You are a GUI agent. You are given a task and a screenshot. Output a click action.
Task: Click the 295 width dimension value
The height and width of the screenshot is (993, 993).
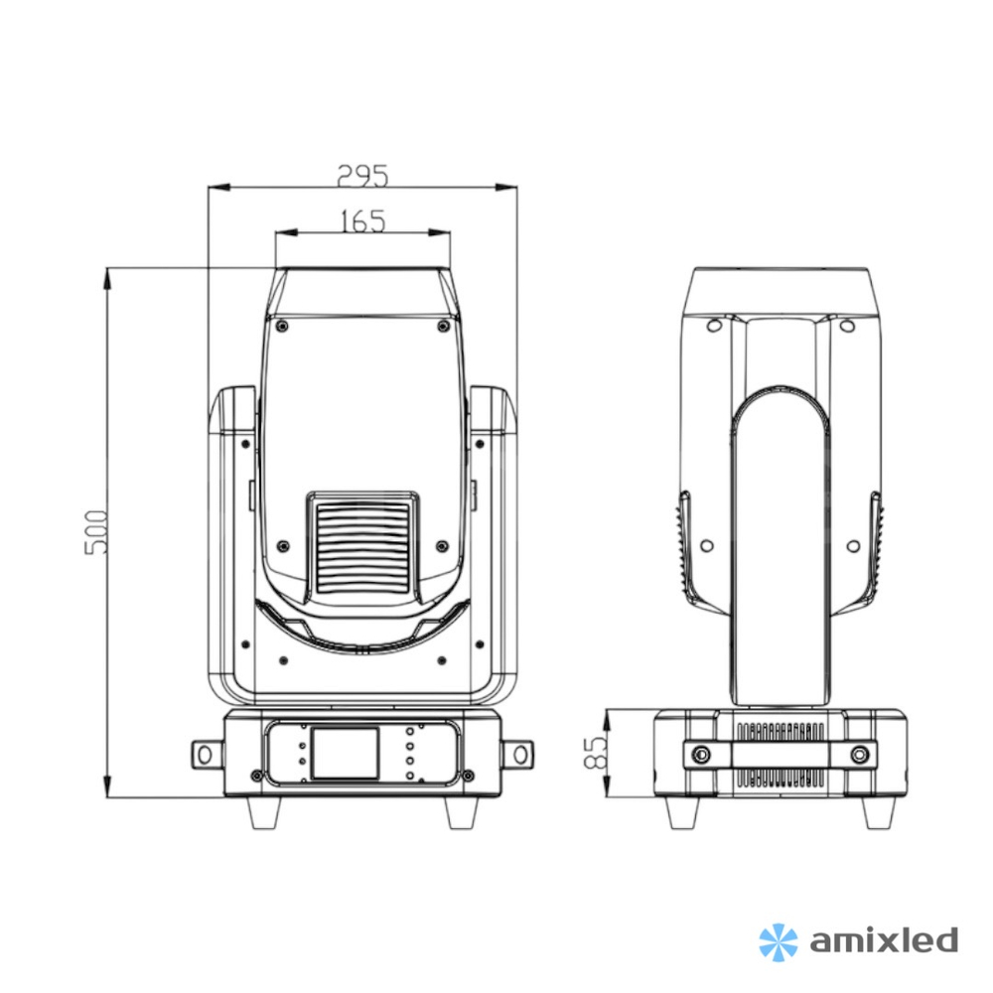361,175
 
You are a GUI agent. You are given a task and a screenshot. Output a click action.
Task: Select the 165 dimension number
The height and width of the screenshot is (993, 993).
361,220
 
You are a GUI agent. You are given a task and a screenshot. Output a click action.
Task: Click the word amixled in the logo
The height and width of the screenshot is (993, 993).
883,939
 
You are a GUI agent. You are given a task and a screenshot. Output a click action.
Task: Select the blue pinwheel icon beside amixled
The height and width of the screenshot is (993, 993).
778,940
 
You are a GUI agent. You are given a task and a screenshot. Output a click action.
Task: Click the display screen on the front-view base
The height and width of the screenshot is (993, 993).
345,753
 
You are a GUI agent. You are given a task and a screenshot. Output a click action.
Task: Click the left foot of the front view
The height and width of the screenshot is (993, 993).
264,813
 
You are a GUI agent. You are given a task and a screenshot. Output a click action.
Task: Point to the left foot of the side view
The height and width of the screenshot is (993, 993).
683,813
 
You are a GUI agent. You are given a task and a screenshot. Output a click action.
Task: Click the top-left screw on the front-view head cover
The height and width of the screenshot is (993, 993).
282,325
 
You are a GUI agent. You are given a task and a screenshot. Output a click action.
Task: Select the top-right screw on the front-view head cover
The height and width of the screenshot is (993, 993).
443,325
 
